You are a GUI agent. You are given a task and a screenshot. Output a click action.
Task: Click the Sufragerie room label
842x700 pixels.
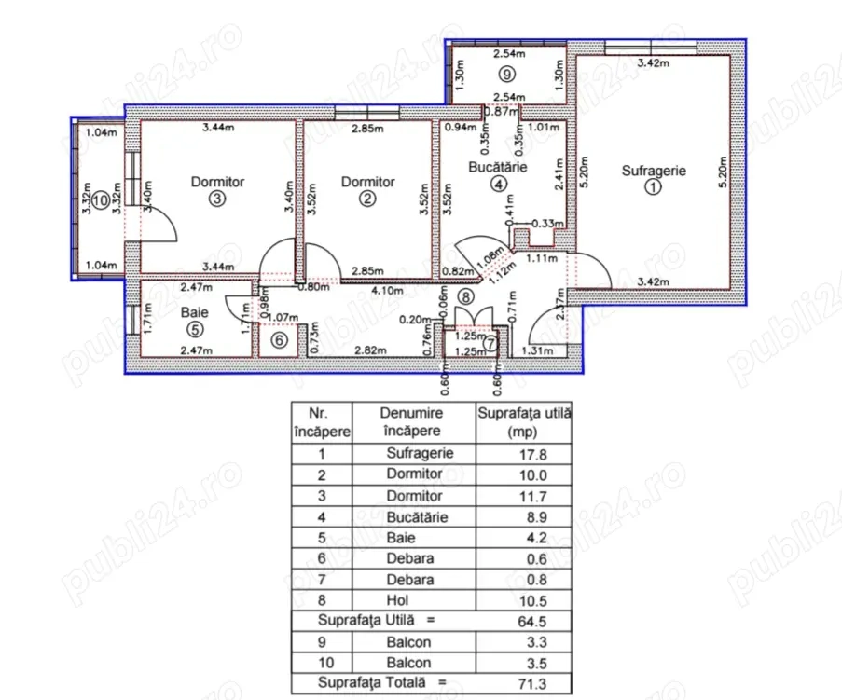tap(654, 171)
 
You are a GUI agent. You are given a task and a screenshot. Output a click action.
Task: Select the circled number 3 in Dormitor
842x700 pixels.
tap(217, 199)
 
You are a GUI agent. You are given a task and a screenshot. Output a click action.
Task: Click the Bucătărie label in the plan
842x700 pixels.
tap(499, 168)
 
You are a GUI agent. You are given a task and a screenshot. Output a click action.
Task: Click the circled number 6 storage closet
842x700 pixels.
tap(277, 340)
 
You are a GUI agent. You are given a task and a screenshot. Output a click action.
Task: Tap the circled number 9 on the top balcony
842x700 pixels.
tap(505, 73)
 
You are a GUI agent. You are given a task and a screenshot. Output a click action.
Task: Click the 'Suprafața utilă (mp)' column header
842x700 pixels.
tap(523, 421)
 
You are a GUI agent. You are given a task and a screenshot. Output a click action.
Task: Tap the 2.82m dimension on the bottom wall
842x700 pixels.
tap(366, 350)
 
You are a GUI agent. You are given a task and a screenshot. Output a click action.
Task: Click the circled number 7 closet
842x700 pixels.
tap(490, 345)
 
